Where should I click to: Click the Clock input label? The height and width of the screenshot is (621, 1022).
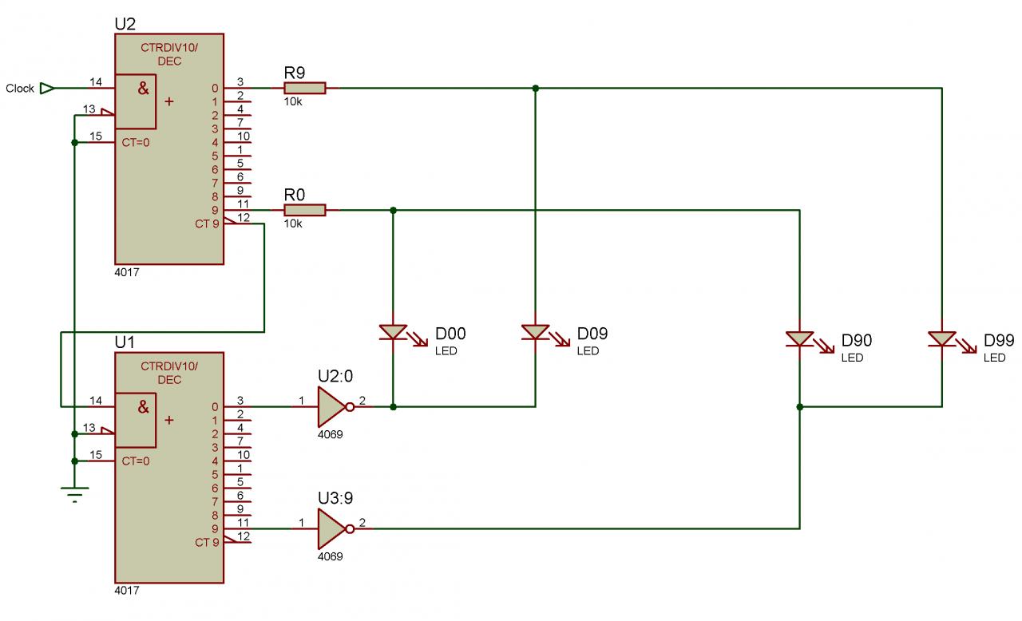coord(20,89)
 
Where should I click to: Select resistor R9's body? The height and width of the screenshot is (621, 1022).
coord(305,88)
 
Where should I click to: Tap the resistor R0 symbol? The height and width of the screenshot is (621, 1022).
coord(305,210)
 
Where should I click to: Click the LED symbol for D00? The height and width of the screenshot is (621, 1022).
coord(393,332)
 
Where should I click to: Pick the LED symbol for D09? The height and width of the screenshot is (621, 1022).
coord(535,332)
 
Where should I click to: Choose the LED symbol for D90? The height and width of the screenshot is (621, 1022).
coord(799,339)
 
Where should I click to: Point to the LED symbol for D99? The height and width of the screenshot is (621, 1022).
coord(942,339)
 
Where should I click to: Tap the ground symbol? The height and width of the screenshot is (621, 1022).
coord(74,496)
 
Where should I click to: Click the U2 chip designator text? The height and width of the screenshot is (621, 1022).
coord(125,24)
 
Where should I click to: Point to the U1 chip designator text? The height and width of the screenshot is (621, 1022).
coord(125,342)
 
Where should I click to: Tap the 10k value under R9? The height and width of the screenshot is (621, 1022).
coord(293,102)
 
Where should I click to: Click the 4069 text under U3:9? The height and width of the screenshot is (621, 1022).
coord(331,556)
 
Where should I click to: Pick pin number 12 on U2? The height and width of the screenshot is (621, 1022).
coord(244,217)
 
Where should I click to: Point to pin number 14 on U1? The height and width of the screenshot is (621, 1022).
coord(96,401)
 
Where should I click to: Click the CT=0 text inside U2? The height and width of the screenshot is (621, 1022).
coord(136,143)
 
